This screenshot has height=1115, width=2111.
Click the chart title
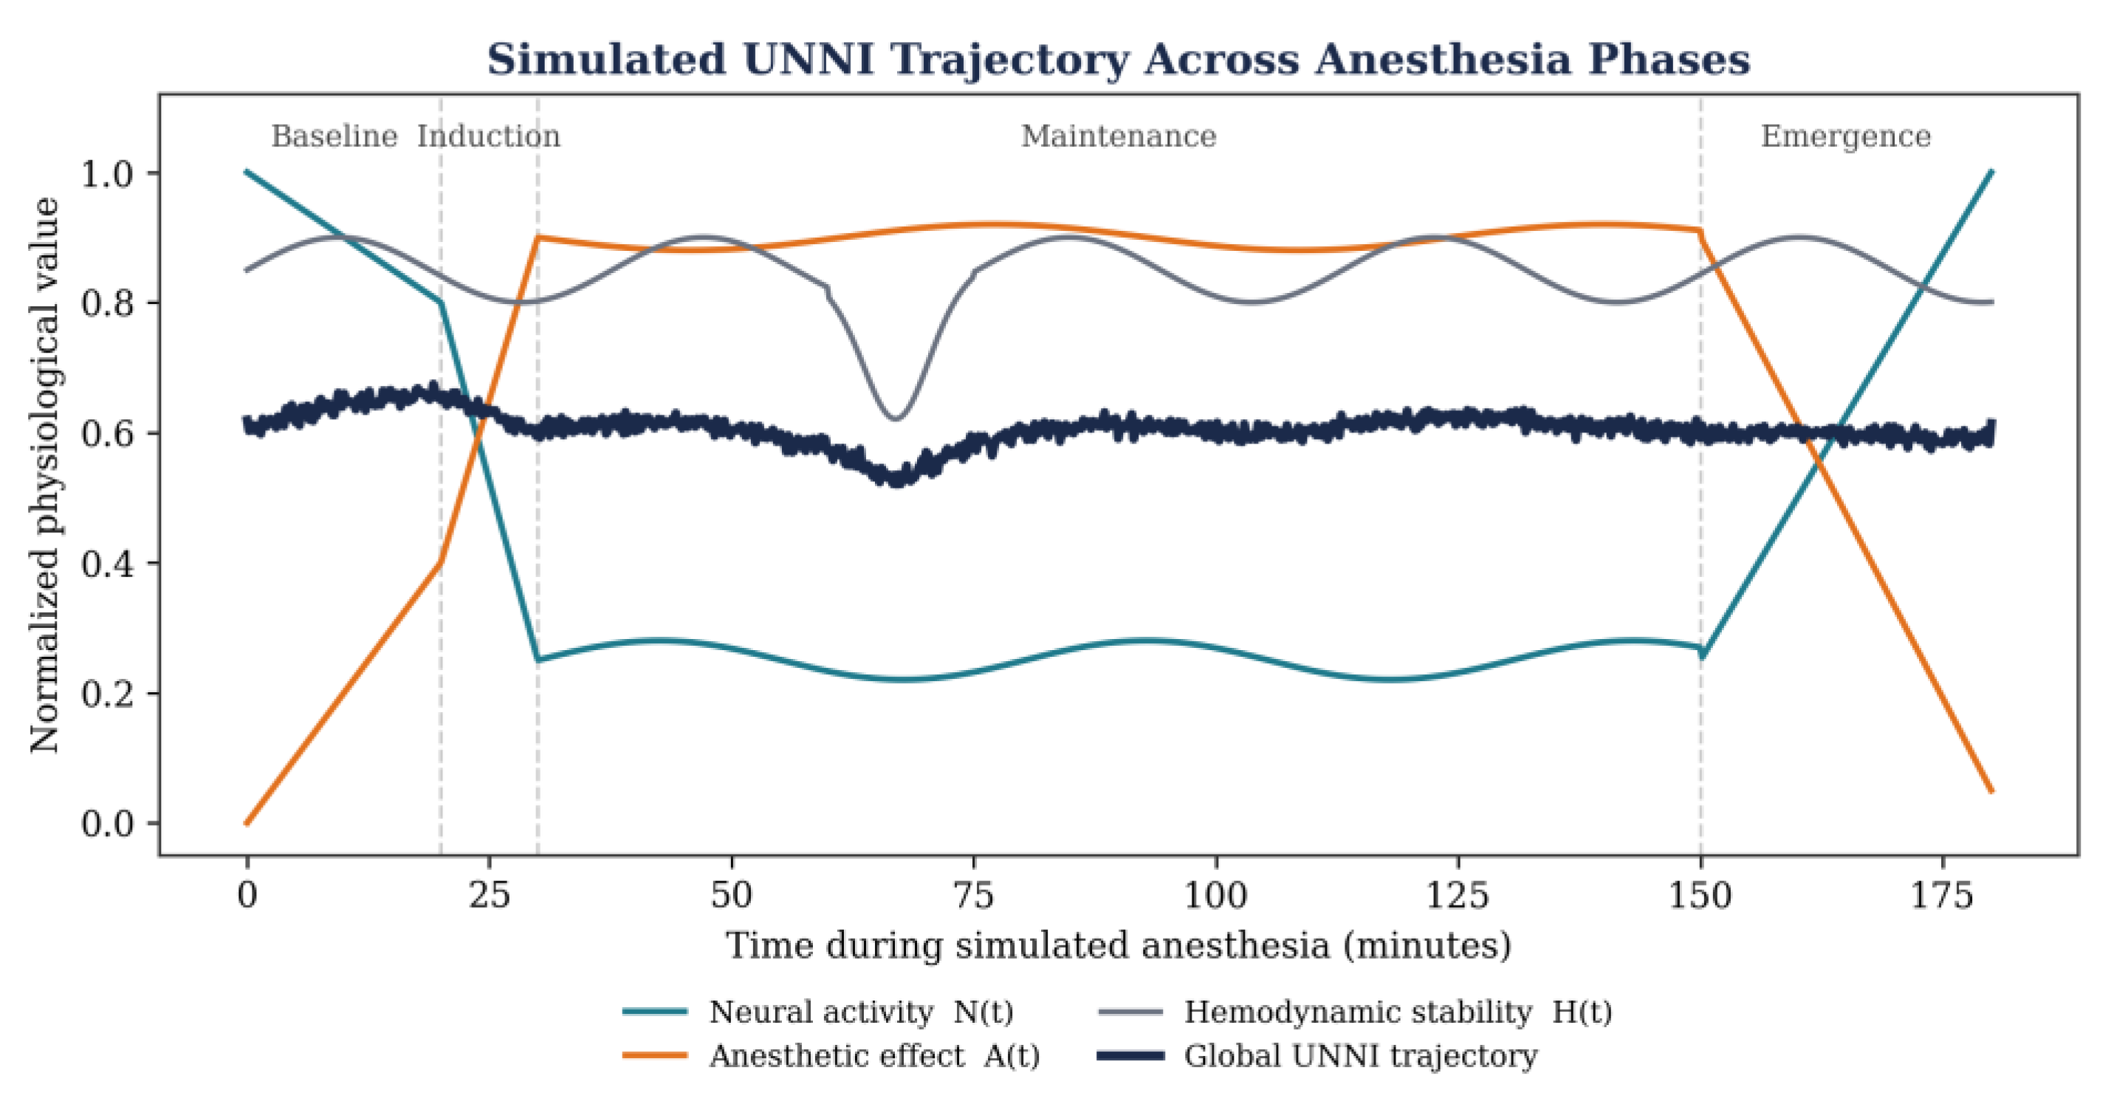[x=1119, y=59]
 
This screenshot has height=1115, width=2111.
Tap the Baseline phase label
[x=334, y=136]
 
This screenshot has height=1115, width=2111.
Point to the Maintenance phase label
[x=1119, y=136]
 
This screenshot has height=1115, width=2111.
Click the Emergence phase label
[x=1845, y=137]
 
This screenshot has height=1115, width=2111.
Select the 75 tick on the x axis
[x=974, y=895]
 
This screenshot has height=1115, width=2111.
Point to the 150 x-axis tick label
[x=1700, y=895]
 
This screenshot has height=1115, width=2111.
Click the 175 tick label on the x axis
[x=1943, y=895]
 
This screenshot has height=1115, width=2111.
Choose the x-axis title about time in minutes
[x=1119, y=945]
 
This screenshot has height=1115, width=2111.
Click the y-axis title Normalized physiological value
[x=45, y=475]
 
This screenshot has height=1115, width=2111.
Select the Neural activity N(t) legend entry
[x=818, y=1012]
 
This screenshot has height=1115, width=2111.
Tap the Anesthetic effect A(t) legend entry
[x=831, y=1056]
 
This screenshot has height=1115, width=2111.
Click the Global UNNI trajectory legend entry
[x=1317, y=1056]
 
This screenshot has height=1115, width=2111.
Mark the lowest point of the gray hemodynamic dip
[x=896, y=419]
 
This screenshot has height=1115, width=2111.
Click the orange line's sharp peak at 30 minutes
[x=538, y=237]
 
